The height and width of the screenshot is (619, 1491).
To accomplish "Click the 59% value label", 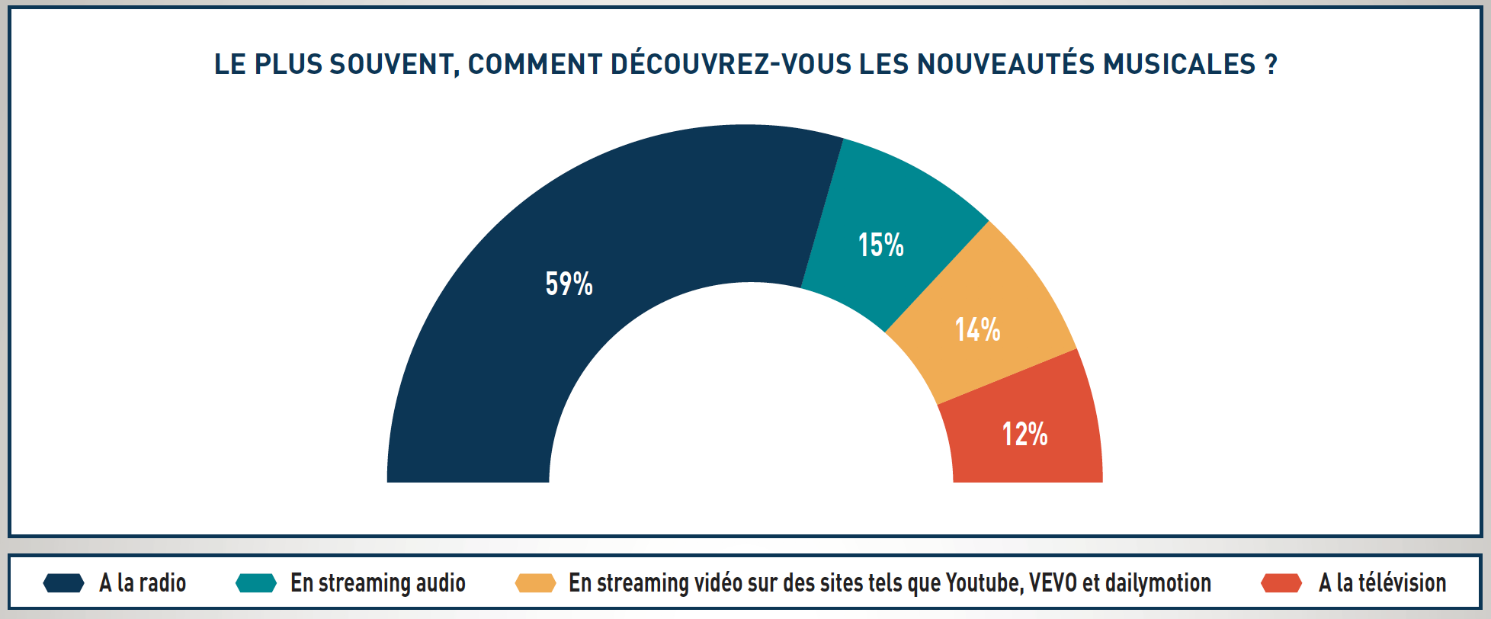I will pyautogui.click(x=569, y=284).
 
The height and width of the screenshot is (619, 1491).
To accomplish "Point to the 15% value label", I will pyautogui.click(x=880, y=245).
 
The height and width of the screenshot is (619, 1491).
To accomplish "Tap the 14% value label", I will pyautogui.click(x=977, y=330).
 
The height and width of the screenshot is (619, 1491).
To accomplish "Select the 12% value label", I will pyautogui.click(x=1024, y=435).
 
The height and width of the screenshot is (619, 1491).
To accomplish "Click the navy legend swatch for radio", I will pyautogui.click(x=63, y=583).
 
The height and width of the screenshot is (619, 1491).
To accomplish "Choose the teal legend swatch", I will pyautogui.click(x=256, y=583).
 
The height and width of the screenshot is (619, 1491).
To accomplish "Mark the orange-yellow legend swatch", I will pyautogui.click(x=535, y=583).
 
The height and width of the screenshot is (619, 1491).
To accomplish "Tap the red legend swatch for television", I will pyautogui.click(x=1281, y=583).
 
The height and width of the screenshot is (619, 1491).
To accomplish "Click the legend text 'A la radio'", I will pyautogui.click(x=143, y=583).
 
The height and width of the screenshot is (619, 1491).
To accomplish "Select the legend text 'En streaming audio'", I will pyautogui.click(x=377, y=583).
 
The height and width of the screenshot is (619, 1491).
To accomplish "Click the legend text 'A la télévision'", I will pyautogui.click(x=1382, y=583).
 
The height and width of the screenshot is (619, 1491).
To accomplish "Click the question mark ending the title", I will pyautogui.click(x=1271, y=64).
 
